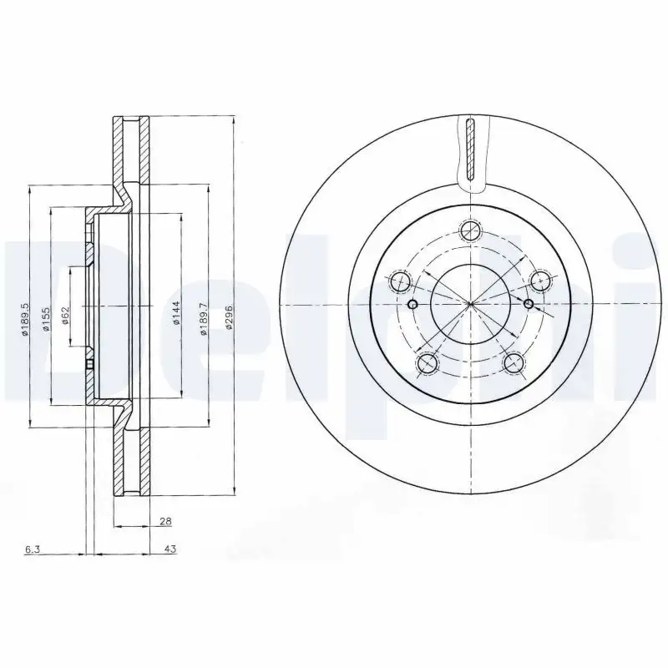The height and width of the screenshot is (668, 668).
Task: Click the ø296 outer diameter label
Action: pyautogui.click(x=229, y=318)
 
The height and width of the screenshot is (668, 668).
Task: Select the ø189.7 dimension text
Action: pyautogui.click(x=203, y=318)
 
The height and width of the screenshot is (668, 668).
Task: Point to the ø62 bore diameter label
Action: pyautogui.click(x=64, y=318)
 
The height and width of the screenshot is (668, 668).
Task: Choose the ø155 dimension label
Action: pyautogui.click(x=48, y=318)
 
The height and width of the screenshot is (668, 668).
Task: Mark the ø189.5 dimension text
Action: pyautogui.click(x=27, y=318)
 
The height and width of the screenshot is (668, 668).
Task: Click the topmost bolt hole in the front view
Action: pyautogui.click(x=471, y=230)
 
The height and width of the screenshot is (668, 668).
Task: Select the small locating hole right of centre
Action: pyautogui.click(x=529, y=303)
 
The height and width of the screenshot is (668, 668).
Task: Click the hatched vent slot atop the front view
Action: pyautogui.click(x=471, y=151)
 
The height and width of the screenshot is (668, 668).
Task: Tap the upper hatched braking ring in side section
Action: pyautogui.click(x=131, y=150)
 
